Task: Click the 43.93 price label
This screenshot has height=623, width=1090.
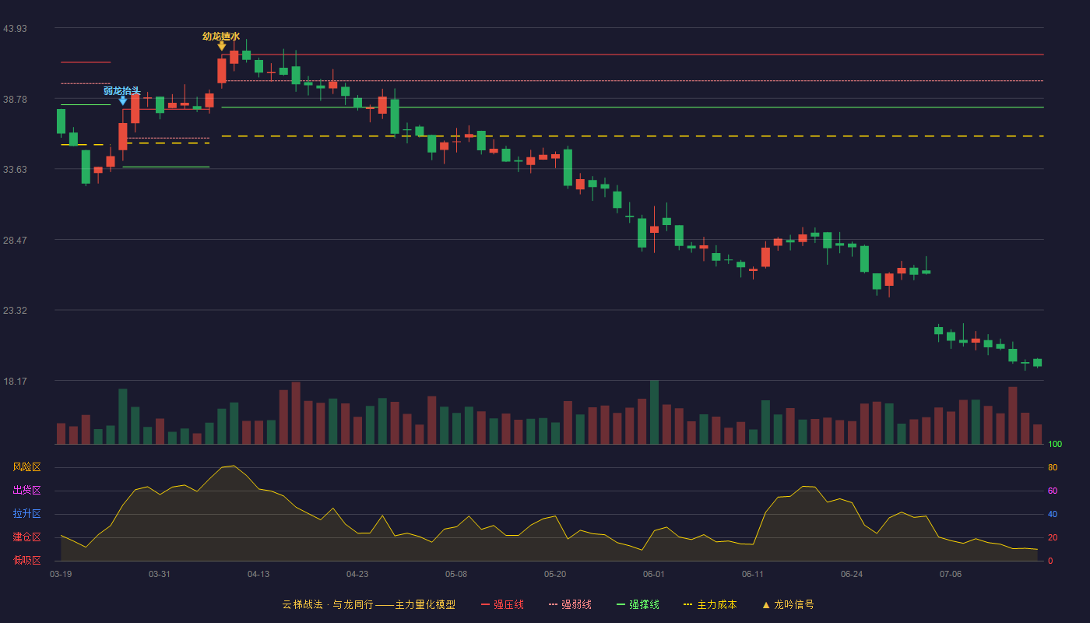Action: click(15, 29)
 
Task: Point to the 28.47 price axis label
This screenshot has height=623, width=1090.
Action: click(15, 241)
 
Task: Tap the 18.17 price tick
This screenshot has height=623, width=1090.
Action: click(15, 381)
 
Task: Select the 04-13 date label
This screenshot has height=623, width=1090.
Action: click(258, 575)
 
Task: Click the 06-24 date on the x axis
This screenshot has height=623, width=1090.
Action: click(852, 575)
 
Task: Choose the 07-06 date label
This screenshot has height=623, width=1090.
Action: click(951, 575)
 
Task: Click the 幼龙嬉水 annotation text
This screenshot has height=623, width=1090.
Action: click(221, 37)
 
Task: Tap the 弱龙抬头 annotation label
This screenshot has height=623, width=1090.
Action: click(121, 91)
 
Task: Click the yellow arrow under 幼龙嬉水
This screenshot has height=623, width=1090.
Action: click(221, 46)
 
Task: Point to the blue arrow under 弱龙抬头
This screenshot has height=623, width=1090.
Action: click(123, 100)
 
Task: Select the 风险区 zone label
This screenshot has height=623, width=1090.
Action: click(26, 467)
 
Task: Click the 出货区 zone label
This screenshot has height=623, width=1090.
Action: click(26, 490)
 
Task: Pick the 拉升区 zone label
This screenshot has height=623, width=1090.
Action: click(26, 513)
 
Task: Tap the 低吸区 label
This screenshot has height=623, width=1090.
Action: click(26, 560)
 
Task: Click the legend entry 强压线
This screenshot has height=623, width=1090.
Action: click(503, 605)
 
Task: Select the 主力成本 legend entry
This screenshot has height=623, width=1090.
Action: click(710, 605)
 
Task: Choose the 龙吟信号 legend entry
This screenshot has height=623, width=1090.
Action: click(788, 605)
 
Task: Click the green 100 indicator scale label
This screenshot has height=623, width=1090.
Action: click(1055, 444)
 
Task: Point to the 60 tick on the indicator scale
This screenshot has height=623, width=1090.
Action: click(1053, 491)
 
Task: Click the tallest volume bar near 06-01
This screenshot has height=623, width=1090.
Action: click(655, 412)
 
